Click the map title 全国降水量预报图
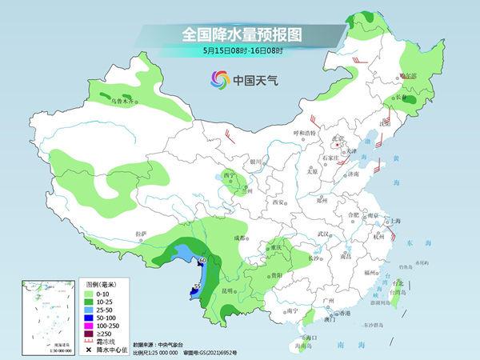[x=240, y=34]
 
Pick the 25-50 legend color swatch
[x=90, y=310]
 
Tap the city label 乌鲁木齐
[x=126, y=102]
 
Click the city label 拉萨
[x=142, y=234]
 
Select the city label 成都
[x=239, y=238]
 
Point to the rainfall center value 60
[x=202, y=261]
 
